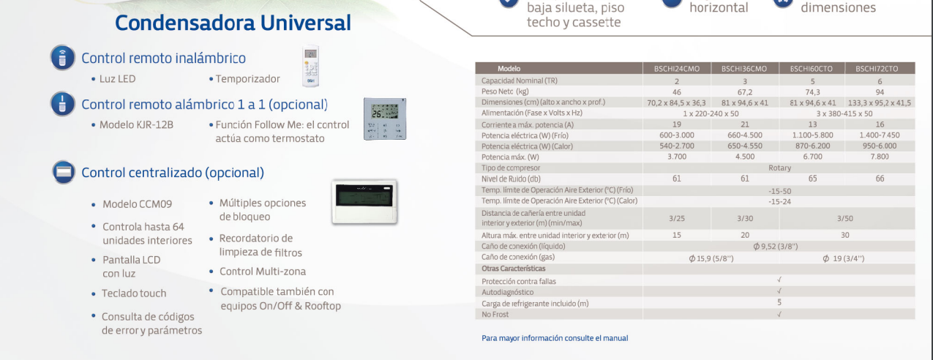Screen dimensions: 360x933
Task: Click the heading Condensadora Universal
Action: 233,23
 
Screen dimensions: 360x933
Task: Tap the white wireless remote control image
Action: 312,67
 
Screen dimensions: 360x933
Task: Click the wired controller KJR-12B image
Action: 384,119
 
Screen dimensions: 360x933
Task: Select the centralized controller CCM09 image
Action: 364,201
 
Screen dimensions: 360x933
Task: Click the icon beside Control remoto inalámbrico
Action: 62,58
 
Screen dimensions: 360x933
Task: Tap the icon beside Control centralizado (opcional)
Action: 64,173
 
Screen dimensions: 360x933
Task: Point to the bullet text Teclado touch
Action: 134,293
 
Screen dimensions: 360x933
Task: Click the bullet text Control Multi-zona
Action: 263,271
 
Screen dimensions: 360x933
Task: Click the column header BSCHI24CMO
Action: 676,69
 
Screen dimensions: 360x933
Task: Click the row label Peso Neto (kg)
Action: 505,91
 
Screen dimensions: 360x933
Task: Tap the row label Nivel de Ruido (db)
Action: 511,179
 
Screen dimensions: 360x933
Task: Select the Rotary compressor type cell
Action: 779,168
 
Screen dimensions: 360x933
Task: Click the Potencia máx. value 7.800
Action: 880,157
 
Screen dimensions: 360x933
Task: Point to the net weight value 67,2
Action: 744,91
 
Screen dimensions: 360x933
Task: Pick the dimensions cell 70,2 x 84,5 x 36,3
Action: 676,102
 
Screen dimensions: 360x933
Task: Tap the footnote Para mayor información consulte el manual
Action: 555,338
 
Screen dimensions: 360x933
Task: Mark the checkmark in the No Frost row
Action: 779,314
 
